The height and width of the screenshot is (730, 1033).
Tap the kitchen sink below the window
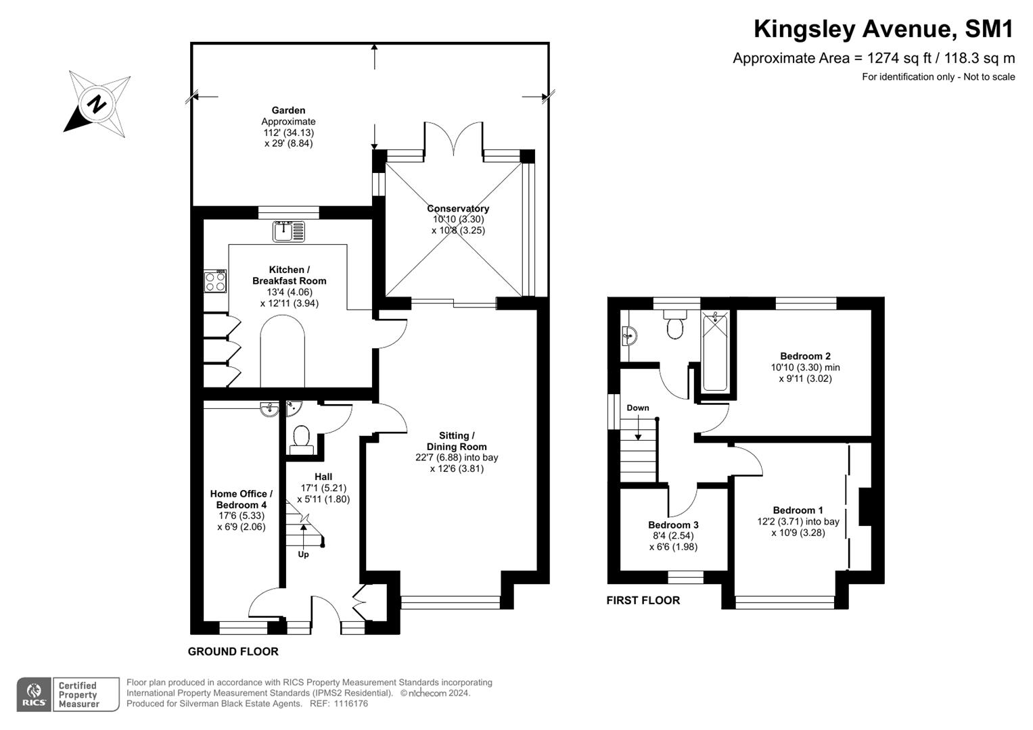pos(289,231)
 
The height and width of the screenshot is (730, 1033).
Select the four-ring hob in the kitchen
pos(216,281)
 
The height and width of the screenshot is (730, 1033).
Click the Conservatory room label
pos(458,208)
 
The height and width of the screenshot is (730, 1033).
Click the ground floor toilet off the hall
pos(300,438)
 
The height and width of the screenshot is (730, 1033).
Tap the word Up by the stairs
pos(303,554)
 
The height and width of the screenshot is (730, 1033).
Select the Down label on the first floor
pos(637,408)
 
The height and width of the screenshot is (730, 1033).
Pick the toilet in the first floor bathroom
pos(675,325)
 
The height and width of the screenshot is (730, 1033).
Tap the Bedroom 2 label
pos(805,356)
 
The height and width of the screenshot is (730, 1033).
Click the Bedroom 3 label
pos(673,525)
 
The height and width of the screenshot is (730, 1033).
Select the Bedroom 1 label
pos(798,510)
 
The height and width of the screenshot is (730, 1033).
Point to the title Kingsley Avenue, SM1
pos(884,29)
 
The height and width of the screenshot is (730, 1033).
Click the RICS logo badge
pos(35,694)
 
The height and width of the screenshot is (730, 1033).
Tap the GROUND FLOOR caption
pos(233,652)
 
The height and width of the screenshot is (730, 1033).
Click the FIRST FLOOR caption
pos(643,600)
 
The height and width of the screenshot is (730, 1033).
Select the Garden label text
pos(288,110)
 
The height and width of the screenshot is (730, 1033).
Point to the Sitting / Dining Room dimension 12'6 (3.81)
pos(457,468)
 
